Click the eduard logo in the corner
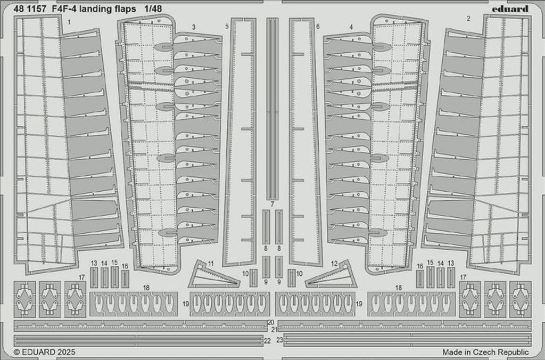(511, 9)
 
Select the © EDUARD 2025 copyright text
(45, 352)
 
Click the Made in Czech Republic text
(485, 352)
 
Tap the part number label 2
(468, 19)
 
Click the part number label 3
(194, 27)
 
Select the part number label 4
(351, 27)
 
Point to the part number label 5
(227, 26)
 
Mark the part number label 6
(318, 26)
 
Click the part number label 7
(272, 204)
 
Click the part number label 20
(271, 323)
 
